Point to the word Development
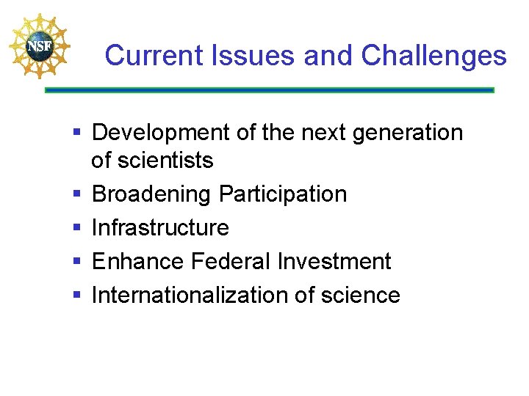tap(162, 133)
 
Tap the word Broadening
tap(152, 194)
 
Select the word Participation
tap(283, 194)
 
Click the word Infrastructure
tap(160, 227)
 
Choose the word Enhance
tap(137, 261)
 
